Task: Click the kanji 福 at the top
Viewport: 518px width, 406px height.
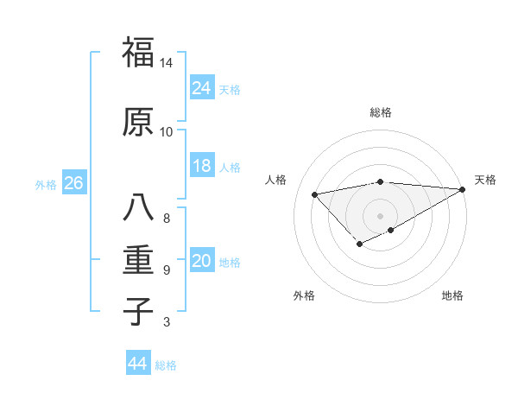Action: (x=137, y=53)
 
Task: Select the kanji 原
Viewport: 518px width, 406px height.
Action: (x=137, y=122)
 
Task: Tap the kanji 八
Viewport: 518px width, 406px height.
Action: (x=137, y=208)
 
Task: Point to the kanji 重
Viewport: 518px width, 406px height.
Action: (x=137, y=260)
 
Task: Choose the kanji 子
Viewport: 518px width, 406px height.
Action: (x=137, y=310)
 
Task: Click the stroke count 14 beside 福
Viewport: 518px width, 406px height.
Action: (x=167, y=63)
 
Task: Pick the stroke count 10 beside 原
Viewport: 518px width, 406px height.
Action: (x=167, y=131)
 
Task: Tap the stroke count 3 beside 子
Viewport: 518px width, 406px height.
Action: (x=167, y=322)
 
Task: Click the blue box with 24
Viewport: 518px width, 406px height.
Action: (x=202, y=89)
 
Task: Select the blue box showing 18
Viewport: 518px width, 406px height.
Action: (x=202, y=167)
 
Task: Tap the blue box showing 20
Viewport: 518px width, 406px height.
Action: (x=202, y=262)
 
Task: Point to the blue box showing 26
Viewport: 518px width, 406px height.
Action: (x=73, y=184)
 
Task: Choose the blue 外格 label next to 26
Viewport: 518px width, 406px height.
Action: (x=46, y=185)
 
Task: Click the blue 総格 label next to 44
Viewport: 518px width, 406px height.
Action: (x=167, y=365)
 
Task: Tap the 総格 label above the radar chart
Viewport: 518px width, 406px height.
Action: (x=380, y=113)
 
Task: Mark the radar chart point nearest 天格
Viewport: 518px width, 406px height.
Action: (x=463, y=190)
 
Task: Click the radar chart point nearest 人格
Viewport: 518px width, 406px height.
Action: (x=314, y=193)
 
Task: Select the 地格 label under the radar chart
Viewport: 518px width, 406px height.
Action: (x=452, y=295)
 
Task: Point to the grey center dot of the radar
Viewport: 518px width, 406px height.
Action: (x=380, y=216)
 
